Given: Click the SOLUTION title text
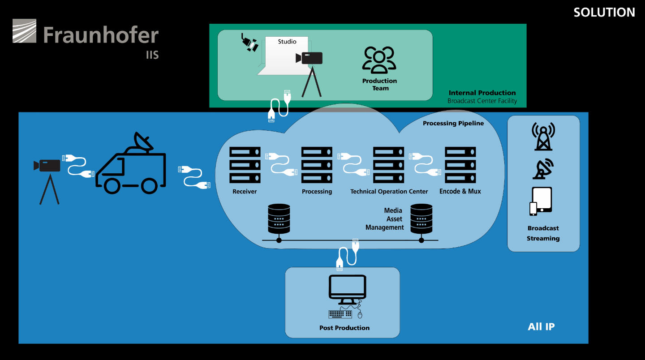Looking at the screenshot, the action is point(604,13).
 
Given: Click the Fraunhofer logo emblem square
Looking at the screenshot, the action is point(25,31).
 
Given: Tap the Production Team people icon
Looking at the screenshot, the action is point(379,60).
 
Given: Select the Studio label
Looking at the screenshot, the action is point(287,42).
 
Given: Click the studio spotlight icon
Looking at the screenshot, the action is point(249,43).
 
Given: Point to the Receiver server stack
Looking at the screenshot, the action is point(245,165).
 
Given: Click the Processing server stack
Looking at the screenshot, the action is point(317,165).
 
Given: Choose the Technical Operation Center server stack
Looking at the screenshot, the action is point(388,165).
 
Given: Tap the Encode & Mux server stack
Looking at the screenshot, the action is point(460,165).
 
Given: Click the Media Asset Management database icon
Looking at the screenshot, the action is point(421,219).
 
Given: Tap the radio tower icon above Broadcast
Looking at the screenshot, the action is point(543,137).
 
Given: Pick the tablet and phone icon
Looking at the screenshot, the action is point(541,201).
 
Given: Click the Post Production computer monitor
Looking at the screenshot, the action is point(348,289).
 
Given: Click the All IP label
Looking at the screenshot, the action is point(542,326).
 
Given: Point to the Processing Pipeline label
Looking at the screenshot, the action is point(453,124).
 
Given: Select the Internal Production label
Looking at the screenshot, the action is point(482,93).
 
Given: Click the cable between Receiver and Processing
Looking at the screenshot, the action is point(281,164).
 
